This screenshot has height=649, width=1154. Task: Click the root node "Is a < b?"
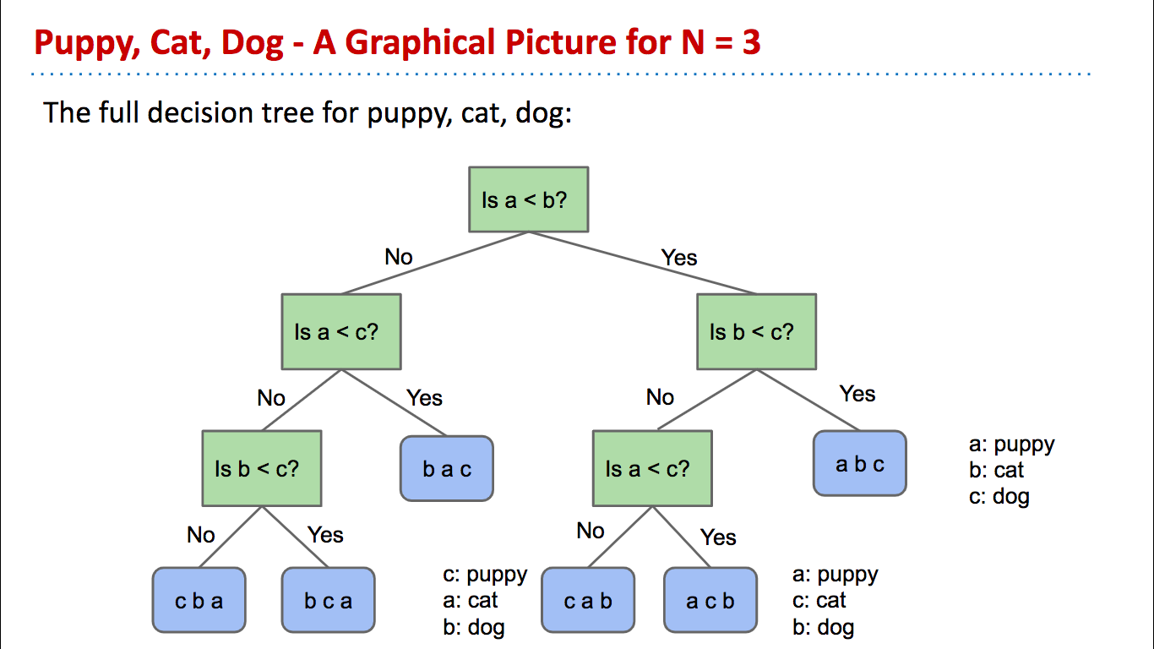pos(528,199)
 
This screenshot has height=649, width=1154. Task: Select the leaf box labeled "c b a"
pos(199,601)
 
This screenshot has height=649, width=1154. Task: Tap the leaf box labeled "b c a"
pos(328,601)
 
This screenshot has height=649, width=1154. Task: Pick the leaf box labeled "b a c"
pos(446,468)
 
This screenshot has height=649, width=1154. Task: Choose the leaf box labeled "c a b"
pos(587,601)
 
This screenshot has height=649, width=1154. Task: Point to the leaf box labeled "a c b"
pos(710,601)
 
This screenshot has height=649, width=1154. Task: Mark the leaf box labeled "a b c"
pos(859,463)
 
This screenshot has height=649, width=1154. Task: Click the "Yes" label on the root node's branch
pos(679,257)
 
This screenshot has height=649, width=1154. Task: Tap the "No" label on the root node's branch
pos(399,257)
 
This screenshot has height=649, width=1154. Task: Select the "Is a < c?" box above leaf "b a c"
pos(341,331)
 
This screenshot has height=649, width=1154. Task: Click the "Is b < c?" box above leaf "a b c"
pos(756,331)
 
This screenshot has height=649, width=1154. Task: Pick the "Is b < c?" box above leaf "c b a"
pos(261,468)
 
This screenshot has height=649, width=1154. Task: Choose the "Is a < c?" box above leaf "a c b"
pos(651,468)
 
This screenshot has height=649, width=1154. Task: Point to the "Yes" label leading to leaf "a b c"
pos(857,394)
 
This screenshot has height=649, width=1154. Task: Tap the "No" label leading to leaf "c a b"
pos(591,531)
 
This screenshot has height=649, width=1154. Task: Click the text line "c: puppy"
pos(485,575)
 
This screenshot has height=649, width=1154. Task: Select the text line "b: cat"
pos(996,470)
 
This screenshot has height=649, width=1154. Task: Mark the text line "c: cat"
pos(819,601)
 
